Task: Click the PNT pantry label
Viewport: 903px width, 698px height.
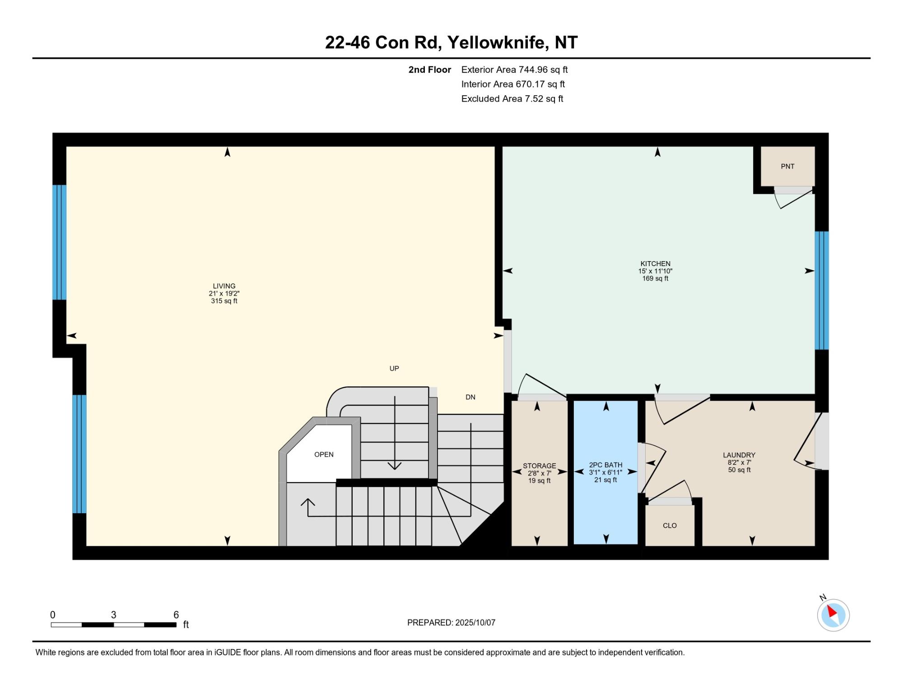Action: click(787, 166)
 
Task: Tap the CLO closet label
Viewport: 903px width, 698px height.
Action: click(670, 525)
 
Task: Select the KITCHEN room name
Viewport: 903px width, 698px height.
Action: click(655, 263)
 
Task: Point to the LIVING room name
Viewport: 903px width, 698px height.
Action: click(224, 286)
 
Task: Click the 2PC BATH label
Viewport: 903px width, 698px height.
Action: click(605, 465)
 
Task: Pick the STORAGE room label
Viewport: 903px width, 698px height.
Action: click(540, 466)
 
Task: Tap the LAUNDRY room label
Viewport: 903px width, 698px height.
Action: click(739, 455)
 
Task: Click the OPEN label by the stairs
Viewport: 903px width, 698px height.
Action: click(324, 454)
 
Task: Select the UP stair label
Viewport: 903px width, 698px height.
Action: click(394, 368)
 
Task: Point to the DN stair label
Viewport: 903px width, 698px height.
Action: click(470, 397)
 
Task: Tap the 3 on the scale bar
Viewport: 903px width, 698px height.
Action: click(114, 615)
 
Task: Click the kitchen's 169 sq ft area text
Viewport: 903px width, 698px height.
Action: click(655, 278)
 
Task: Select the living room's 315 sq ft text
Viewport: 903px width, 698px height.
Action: click(224, 301)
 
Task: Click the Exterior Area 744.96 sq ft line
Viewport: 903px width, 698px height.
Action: click(514, 70)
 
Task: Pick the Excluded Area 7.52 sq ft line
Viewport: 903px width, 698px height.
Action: click(512, 98)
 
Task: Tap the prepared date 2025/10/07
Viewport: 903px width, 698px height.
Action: click(475, 623)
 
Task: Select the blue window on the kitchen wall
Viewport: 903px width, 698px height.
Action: click(822, 290)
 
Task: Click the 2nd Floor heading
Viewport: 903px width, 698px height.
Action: click(430, 70)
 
